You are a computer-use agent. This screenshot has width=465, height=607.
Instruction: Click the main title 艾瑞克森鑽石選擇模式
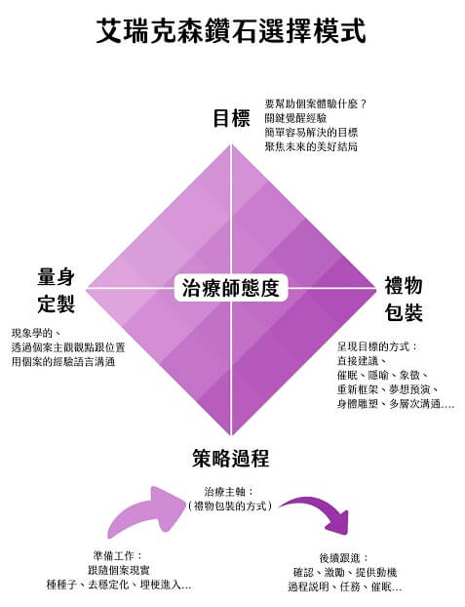tap(231, 30)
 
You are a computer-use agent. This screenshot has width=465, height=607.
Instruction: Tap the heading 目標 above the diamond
tap(231, 118)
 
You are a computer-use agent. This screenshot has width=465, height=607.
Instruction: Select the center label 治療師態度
tap(231, 288)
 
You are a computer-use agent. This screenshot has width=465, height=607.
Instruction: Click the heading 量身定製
tap(57, 291)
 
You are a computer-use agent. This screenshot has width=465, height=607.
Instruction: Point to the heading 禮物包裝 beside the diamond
tap(404, 299)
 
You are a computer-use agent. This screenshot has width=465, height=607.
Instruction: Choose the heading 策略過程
tap(231, 459)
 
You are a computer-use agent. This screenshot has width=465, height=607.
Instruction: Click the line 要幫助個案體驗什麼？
tap(316, 104)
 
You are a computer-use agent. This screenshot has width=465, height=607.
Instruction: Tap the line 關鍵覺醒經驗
tap(295, 118)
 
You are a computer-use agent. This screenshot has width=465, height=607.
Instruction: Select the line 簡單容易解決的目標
tap(311, 133)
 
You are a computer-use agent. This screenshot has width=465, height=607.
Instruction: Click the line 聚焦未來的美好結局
tap(311, 146)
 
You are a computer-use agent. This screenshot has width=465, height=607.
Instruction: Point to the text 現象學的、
tap(35, 333)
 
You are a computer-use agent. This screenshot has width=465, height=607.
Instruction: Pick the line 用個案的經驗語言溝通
tap(63, 362)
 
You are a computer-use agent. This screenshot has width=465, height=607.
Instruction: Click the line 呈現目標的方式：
tap(377, 346)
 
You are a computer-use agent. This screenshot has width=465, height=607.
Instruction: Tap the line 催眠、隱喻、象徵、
tap(382, 375)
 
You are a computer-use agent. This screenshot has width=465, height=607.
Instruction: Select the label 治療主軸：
tap(229, 492)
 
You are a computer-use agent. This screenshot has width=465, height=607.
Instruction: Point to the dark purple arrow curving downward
tap(321, 509)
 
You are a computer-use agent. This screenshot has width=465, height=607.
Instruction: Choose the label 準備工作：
tap(118, 556)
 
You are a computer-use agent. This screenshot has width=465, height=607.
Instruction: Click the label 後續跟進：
tap(344, 558)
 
